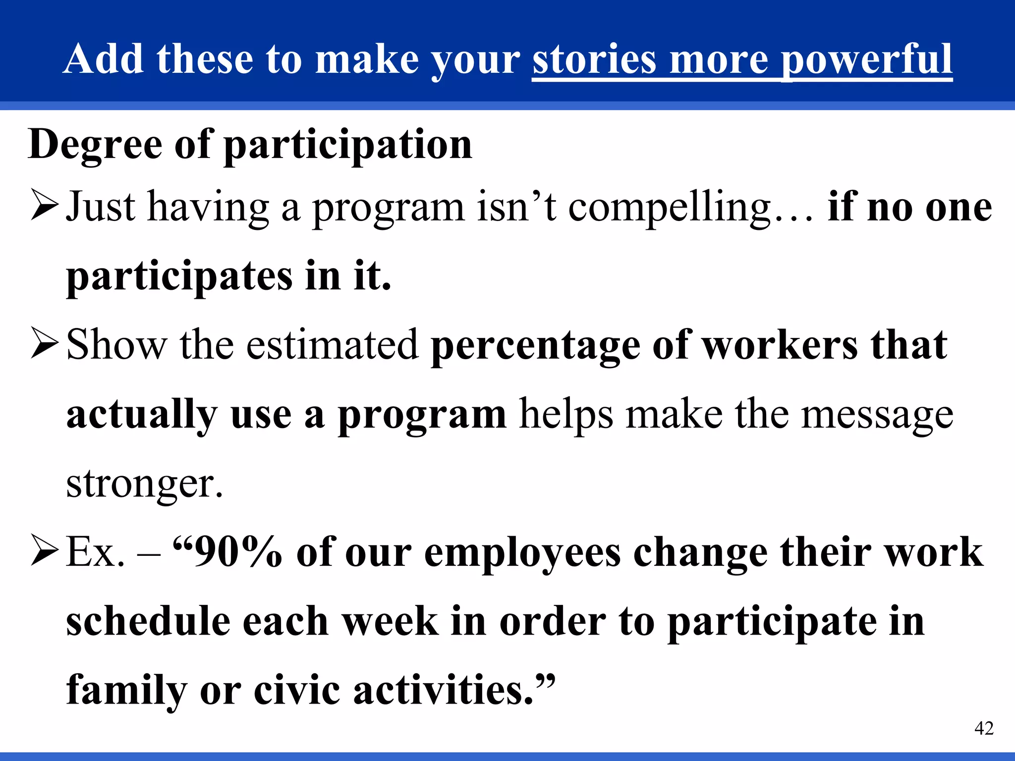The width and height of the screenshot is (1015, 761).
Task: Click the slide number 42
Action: (984, 728)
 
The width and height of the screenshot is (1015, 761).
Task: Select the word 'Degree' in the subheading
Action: (95, 145)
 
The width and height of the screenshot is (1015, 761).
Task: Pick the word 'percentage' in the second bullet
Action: (535, 346)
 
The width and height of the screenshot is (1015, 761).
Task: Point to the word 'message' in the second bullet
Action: (877, 415)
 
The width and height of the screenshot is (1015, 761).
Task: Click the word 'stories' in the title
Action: (594, 59)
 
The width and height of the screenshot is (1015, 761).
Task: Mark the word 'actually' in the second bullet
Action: (142, 415)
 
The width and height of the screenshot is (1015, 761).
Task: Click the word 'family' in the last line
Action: (126, 691)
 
